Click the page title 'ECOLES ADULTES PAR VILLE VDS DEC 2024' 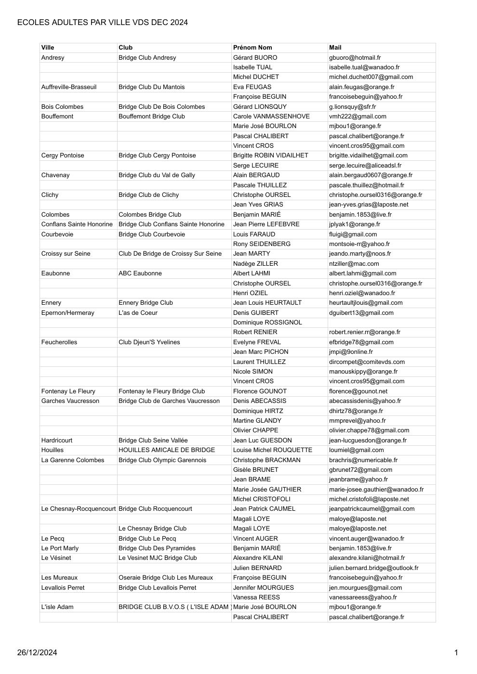click(102, 23)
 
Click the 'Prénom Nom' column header click(252, 48)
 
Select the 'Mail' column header click(335, 48)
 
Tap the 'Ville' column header click(48, 48)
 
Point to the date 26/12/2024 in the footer click(37, 653)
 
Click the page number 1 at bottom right click(456, 653)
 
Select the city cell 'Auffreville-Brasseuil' click(69, 87)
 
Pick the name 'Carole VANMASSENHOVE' click(271, 117)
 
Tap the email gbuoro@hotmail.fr click(355, 58)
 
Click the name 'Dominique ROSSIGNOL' click(267, 323)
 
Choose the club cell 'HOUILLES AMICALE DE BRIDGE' click(167, 450)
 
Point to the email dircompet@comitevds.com click(367, 362)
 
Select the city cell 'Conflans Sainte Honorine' click(77, 224)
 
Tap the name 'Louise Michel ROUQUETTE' click(273, 450)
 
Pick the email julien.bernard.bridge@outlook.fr click(373, 568)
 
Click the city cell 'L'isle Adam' click(57, 607)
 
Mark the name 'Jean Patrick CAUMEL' click(264, 509)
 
